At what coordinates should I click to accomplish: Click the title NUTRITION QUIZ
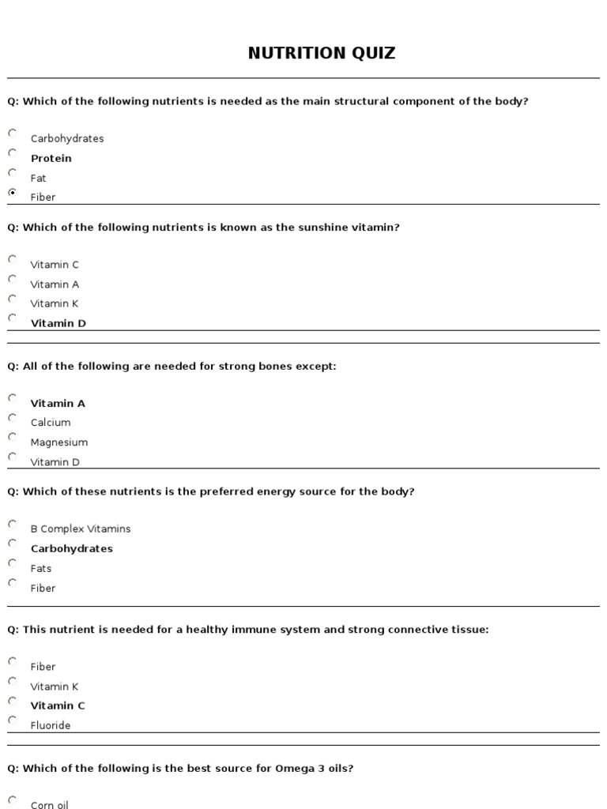click(322, 54)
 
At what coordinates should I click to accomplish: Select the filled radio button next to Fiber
click(13, 192)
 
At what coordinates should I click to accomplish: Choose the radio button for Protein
click(13, 152)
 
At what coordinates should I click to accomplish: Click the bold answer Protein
click(51, 158)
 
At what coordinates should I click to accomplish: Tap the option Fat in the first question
click(38, 178)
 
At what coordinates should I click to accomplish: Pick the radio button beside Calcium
click(13, 417)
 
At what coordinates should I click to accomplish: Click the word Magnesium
click(58, 442)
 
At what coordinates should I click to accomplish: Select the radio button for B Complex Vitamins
click(13, 523)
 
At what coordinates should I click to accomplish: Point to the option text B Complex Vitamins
click(81, 529)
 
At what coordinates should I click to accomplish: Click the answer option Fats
click(41, 568)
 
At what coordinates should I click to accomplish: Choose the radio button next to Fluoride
click(13, 720)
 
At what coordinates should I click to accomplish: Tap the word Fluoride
click(51, 725)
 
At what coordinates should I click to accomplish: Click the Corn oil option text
click(49, 804)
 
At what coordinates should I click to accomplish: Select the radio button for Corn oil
click(13, 800)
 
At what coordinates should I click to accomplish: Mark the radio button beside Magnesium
click(13, 437)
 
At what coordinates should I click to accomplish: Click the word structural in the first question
click(334, 101)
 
